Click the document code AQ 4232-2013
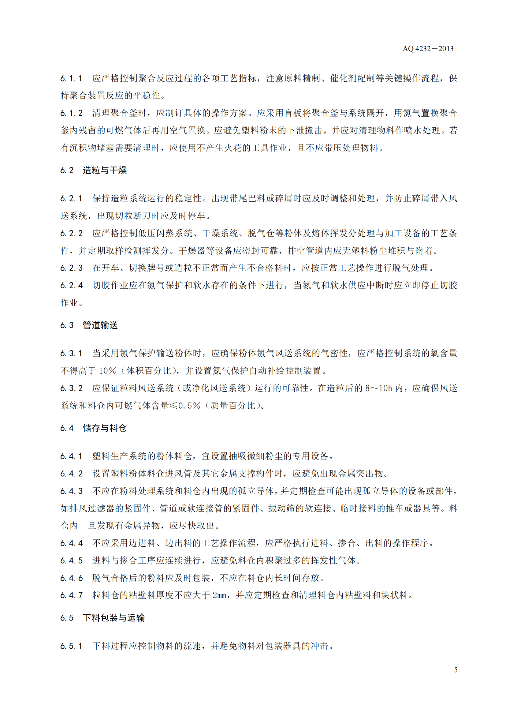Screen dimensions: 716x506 click(x=428, y=49)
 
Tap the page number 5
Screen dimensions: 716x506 click(x=456, y=669)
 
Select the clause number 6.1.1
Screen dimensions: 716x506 click(x=71, y=79)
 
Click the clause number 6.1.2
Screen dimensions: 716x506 click(x=71, y=113)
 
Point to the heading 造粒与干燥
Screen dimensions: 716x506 click(x=105, y=171)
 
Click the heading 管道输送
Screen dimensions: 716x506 click(x=100, y=325)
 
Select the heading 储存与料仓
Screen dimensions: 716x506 click(x=105, y=428)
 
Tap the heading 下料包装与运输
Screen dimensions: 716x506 click(x=114, y=618)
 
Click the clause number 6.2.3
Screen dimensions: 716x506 click(x=71, y=268)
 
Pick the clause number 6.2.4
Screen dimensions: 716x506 click(x=71, y=285)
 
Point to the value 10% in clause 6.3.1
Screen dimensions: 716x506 click(x=107, y=371)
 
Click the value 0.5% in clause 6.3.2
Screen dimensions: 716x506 click(x=189, y=406)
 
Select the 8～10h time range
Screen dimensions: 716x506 click(x=378, y=388)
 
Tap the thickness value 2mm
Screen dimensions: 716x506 click(x=220, y=595)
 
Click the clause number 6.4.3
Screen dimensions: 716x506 click(x=71, y=491)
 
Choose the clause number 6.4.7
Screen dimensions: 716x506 click(x=71, y=595)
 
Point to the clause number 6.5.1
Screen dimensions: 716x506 click(x=71, y=646)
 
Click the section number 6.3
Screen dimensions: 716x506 click(x=67, y=325)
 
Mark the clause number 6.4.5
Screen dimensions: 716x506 click(x=71, y=560)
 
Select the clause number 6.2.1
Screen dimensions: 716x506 click(x=71, y=199)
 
